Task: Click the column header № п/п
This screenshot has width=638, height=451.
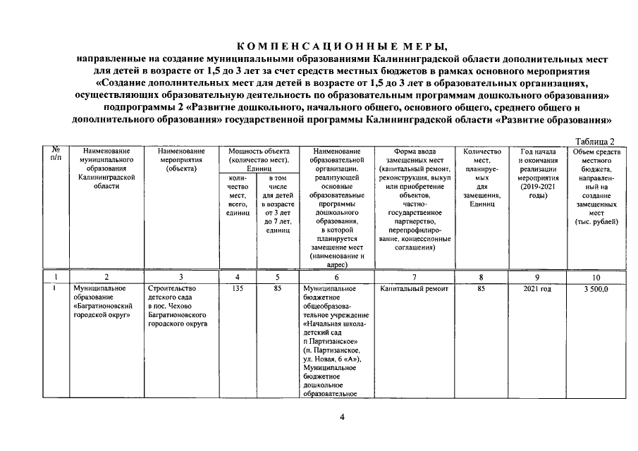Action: coord(56,154)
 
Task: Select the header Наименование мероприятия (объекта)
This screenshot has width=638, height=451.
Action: coord(181,159)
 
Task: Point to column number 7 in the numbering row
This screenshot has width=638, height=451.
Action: coord(414,277)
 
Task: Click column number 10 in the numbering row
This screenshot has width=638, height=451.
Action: coord(596,277)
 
